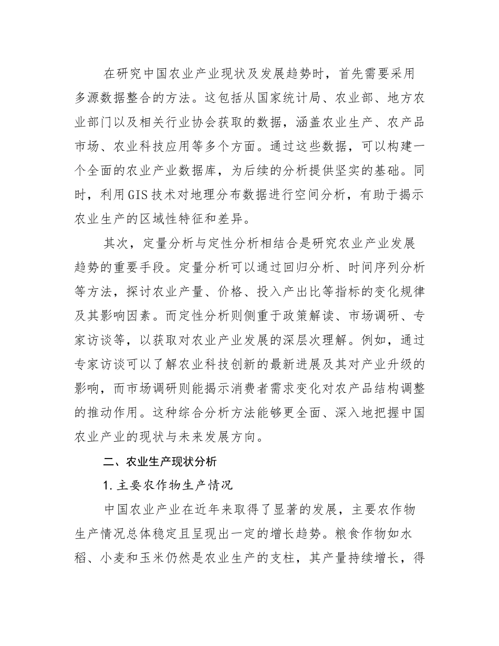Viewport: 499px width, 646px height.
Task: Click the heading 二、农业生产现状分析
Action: (160, 462)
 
